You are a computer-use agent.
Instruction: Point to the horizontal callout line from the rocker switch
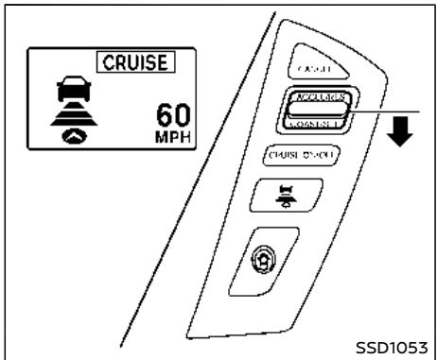378,111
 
